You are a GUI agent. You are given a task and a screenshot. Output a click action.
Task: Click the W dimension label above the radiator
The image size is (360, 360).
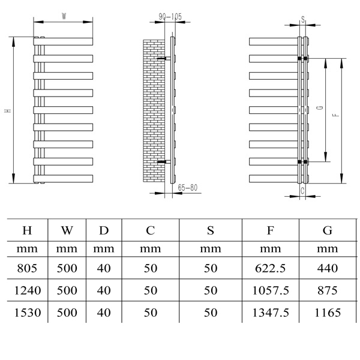point(64,17)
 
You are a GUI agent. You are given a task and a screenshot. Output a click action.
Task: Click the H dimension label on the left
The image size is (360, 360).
point(8,110)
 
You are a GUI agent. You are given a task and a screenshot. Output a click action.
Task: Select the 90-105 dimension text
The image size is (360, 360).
point(170,17)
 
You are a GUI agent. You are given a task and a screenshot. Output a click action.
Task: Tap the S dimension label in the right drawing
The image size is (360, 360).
point(303,19)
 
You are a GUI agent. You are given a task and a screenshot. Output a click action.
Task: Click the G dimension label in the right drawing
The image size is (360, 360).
point(319,109)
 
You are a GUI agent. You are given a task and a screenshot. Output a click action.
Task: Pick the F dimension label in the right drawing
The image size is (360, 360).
point(334,110)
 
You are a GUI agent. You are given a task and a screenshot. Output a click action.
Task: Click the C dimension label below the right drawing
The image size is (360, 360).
point(302,190)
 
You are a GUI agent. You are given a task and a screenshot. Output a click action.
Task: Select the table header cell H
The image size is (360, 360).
point(28,230)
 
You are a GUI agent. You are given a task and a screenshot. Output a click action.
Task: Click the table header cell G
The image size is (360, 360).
point(327,230)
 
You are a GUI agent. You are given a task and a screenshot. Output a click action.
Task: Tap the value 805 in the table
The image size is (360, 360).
point(28,269)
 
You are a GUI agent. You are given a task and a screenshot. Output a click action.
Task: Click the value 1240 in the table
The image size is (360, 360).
point(28,290)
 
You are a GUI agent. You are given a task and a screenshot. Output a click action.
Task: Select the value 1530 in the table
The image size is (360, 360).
point(28,312)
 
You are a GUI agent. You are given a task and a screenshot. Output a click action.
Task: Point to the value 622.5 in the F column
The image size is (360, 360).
point(270,269)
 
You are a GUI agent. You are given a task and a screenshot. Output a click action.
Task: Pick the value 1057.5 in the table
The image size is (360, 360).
point(270,290)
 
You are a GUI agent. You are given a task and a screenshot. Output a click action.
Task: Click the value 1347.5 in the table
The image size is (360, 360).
point(270,312)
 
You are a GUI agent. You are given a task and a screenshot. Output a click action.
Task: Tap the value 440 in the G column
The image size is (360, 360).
point(327,269)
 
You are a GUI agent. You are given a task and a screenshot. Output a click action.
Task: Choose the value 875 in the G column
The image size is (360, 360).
point(327,290)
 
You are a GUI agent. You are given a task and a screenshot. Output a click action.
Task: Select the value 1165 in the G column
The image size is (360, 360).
point(327,312)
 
